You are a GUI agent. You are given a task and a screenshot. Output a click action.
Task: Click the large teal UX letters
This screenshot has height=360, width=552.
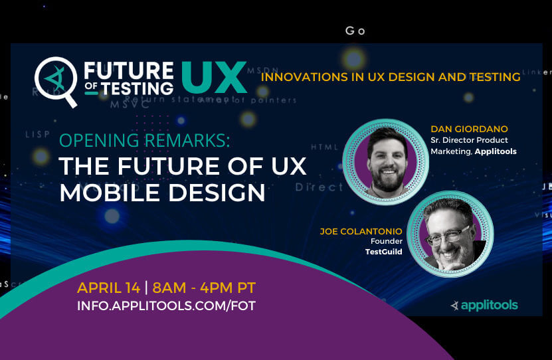(x=213, y=79)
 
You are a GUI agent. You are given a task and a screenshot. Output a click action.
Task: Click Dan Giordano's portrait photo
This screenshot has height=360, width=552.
(x=385, y=161)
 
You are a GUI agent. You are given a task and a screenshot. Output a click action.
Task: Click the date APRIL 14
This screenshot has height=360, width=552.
(x=108, y=288)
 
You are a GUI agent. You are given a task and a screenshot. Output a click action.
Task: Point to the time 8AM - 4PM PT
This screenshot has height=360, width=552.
(x=204, y=288)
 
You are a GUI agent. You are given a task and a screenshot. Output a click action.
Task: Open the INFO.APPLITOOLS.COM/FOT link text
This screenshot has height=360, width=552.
(x=166, y=306)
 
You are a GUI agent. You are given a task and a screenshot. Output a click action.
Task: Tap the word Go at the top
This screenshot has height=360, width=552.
(x=355, y=31)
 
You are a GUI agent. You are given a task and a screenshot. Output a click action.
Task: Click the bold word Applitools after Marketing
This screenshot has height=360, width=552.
(x=496, y=151)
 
